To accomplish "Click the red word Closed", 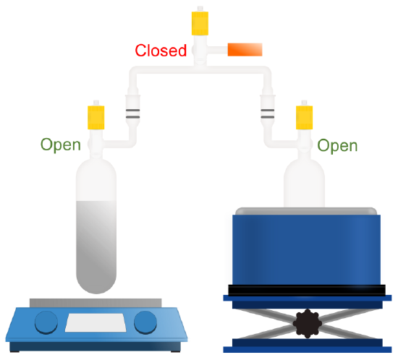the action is click(x=161, y=50).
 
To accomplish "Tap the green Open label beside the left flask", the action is click(x=61, y=145).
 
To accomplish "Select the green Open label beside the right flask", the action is click(x=337, y=146).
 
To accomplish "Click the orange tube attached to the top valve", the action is click(x=245, y=49).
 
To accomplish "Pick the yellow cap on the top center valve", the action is click(x=200, y=23).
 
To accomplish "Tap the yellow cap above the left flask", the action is click(x=96, y=118).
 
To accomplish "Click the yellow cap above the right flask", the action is click(x=304, y=118).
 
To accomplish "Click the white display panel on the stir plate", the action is click(x=96, y=322).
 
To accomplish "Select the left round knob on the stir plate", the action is click(x=46, y=322).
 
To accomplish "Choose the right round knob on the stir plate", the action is click(x=145, y=322).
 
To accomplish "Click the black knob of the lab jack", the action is click(x=308, y=323).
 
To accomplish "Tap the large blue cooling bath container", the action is click(x=307, y=249).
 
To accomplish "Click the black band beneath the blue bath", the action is click(x=307, y=291).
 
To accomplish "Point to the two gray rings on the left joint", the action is click(x=132, y=113).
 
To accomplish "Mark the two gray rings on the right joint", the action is click(x=268, y=113).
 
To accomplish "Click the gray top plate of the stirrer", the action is click(x=96, y=303).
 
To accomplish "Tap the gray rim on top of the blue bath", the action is click(x=306, y=211).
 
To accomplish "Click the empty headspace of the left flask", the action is click(x=96, y=180).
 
